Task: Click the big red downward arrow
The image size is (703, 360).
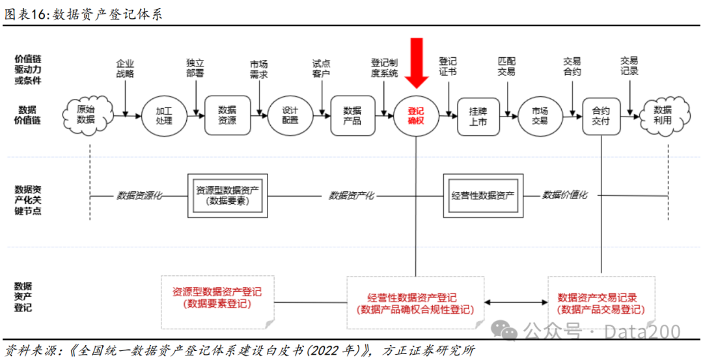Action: click(x=416, y=62)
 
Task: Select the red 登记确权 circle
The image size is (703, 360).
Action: click(x=416, y=116)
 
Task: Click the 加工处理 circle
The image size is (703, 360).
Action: click(x=164, y=116)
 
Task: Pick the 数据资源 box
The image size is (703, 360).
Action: click(x=227, y=116)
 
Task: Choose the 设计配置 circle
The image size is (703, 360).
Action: click(x=290, y=116)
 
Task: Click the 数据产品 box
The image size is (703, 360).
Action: click(x=352, y=116)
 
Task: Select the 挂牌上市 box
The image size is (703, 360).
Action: click(x=477, y=116)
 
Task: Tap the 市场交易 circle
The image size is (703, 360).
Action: click(x=540, y=116)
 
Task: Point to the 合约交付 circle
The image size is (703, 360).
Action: click(x=601, y=116)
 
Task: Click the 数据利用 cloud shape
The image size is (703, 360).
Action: click(x=663, y=115)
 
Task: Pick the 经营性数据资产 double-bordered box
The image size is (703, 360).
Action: click(x=482, y=195)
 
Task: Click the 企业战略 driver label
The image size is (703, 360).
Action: click(x=125, y=68)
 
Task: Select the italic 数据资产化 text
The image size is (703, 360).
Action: click(x=351, y=195)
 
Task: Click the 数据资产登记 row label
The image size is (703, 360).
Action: click(x=23, y=297)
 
